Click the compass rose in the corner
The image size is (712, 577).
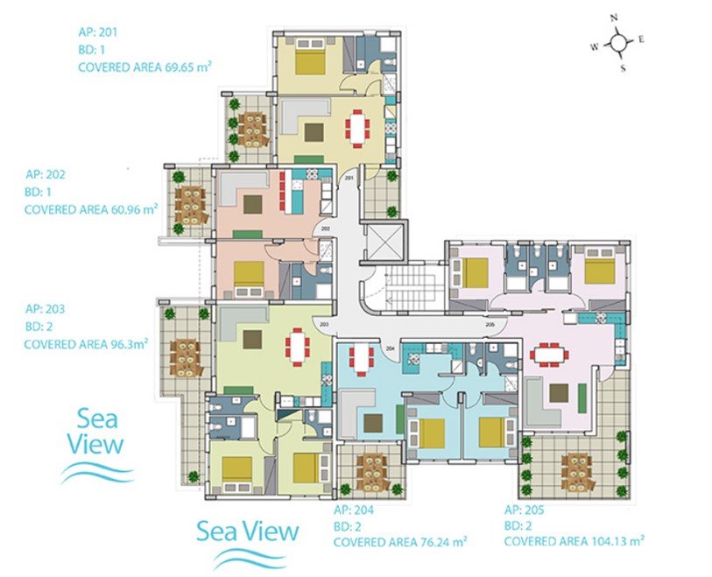618,43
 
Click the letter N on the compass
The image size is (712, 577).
614,18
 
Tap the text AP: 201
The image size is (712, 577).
97,32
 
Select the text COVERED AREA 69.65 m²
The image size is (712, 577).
145,67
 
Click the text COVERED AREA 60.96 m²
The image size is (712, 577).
91,209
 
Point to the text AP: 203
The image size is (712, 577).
45,309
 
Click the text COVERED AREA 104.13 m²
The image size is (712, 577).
575,541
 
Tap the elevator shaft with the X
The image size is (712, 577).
384,242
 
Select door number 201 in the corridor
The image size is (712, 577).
349,178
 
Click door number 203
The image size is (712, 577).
324,324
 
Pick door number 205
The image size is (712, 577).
490,325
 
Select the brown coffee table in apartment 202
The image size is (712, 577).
253,204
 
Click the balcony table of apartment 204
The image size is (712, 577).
372,472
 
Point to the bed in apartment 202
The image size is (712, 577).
249,278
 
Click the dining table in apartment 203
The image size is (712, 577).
298,348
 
